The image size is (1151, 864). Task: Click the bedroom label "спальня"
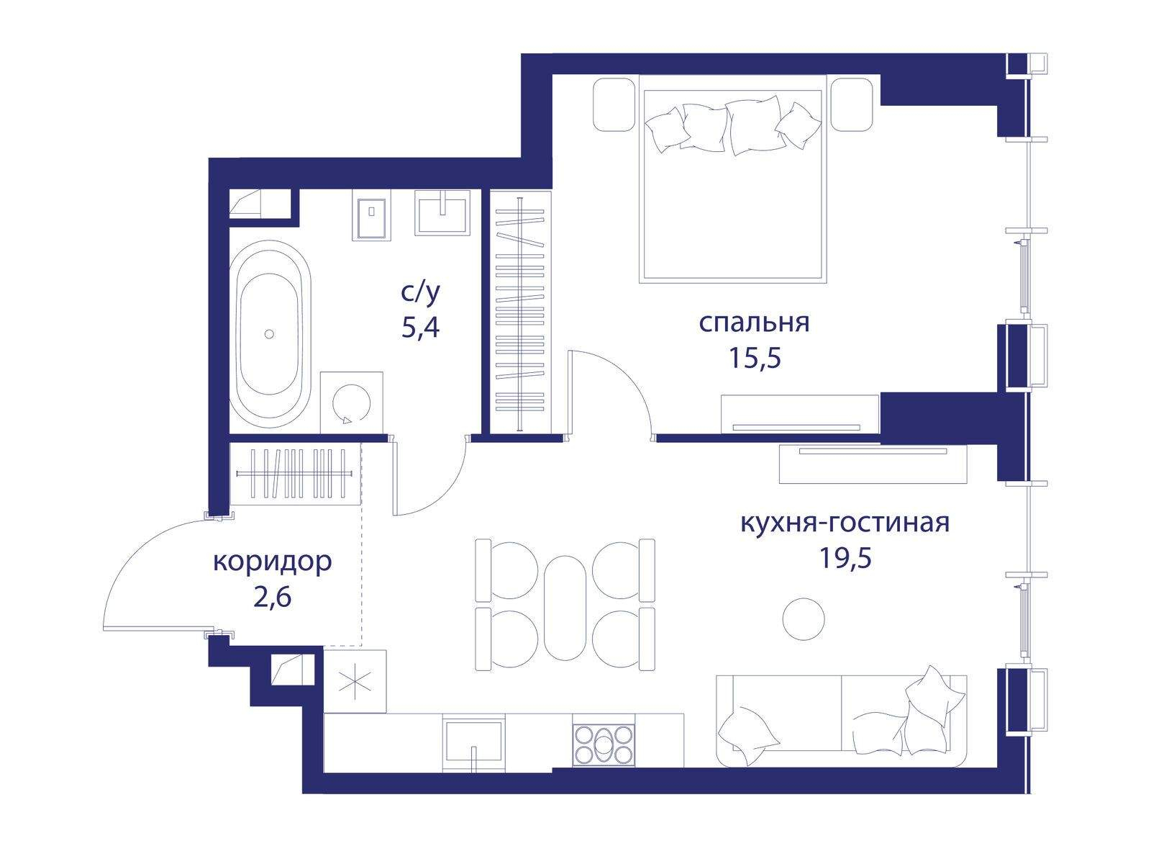coord(754,323)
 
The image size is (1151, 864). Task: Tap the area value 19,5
coord(845,558)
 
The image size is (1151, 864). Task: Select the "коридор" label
coord(273,562)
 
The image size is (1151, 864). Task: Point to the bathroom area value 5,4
coord(420,328)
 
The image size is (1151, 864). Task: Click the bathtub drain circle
coord(270,333)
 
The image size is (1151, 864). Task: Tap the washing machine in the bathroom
coord(351,403)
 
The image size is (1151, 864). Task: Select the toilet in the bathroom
coord(371,215)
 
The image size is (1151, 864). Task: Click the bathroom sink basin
coord(442,213)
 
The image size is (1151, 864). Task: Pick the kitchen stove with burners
coord(604,743)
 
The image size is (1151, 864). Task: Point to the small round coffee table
coord(804,619)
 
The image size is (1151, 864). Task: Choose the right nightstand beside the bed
coord(852,104)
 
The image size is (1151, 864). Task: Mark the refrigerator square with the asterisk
coord(355,681)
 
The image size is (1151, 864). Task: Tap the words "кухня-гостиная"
coord(845,523)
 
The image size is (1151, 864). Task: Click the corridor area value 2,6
coord(272,597)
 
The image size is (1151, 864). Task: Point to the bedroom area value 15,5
coord(755,359)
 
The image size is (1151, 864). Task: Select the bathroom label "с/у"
coord(420,294)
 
